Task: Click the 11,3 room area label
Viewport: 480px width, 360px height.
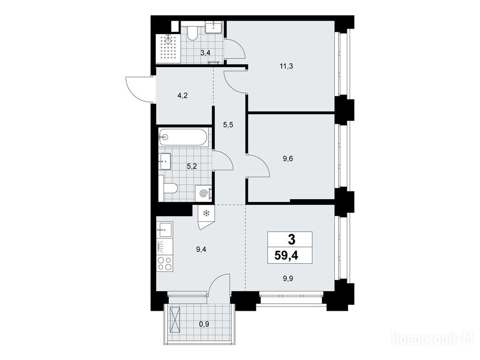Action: coord(286,66)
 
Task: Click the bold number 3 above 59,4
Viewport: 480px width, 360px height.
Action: coord(292,240)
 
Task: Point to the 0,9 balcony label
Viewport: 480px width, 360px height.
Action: coord(204,324)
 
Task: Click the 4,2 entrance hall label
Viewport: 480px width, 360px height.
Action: coord(182,96)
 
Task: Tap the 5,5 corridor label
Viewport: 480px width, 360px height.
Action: coord(228,125)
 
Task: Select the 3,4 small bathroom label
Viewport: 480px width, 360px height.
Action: coord(205,53)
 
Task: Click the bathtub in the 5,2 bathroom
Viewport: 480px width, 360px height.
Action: coord(184,137)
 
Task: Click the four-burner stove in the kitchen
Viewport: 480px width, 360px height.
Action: coord(165,264)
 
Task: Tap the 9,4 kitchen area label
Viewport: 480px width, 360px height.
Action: coord(201,249)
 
